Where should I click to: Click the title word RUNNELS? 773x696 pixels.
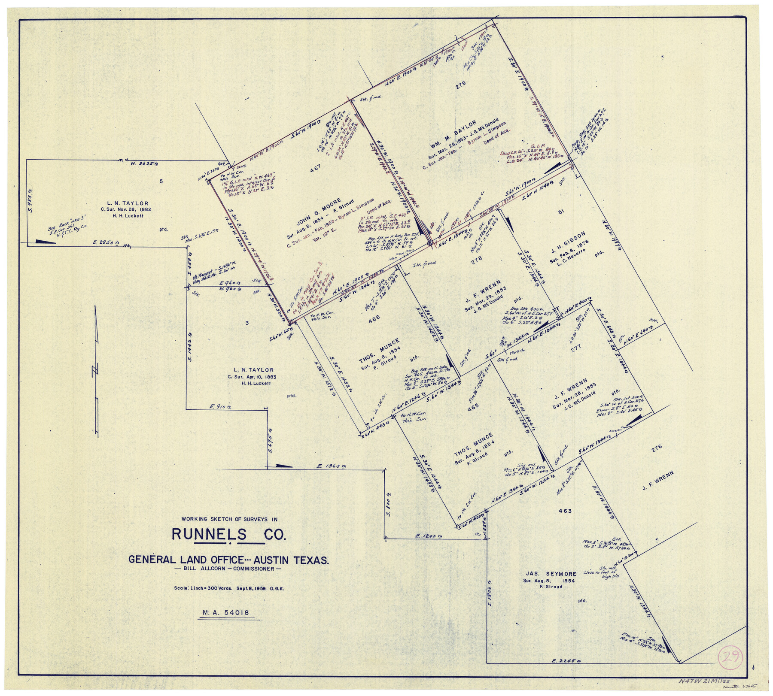tap(209, 535)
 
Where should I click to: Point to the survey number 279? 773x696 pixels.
tap(460, 86)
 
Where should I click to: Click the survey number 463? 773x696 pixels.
tap(565, 511)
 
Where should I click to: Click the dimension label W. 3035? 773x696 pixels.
tap(141, 162)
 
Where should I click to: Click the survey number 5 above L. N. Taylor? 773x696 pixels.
tap(161, 182)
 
